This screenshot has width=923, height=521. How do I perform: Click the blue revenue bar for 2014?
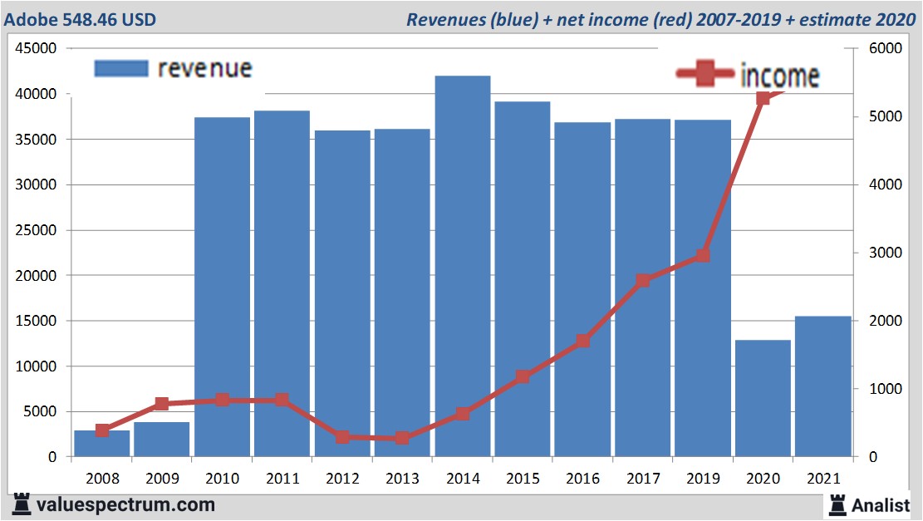point(462,266)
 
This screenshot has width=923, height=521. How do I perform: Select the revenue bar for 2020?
point(763,398)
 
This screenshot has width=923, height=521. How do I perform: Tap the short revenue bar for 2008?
point(102,444)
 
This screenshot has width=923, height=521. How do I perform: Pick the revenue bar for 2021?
point(822,386)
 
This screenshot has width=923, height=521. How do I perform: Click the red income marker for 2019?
point(703,255)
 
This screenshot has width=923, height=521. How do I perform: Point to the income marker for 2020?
point(763,98)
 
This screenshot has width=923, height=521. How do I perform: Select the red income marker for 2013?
point(402,438)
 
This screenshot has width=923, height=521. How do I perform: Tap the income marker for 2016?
point(582,341)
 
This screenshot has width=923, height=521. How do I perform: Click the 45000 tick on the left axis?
point(36,49)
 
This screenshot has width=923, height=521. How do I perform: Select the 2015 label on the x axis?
point(522,479)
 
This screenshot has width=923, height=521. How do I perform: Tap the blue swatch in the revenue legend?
point(120,68)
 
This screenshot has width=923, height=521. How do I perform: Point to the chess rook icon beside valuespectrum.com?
point(21,504)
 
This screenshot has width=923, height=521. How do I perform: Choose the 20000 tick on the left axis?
point(36,276)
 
